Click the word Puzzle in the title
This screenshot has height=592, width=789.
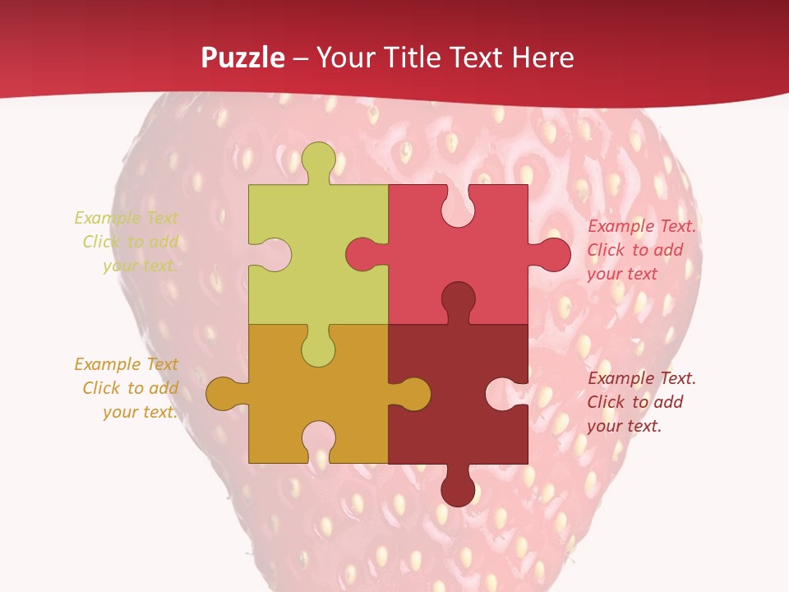pos(243,58)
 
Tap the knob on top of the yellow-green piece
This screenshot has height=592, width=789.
pos(319,160)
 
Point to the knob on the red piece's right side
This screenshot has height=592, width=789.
pos(552,255)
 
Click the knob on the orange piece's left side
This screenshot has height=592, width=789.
pos(224,394)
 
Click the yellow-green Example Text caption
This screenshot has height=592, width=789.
pos(127,242)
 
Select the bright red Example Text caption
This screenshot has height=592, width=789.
pos(640,250)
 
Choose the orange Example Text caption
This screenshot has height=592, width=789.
pos(127,388)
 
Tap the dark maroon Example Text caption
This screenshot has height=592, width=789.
pos(640,402)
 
